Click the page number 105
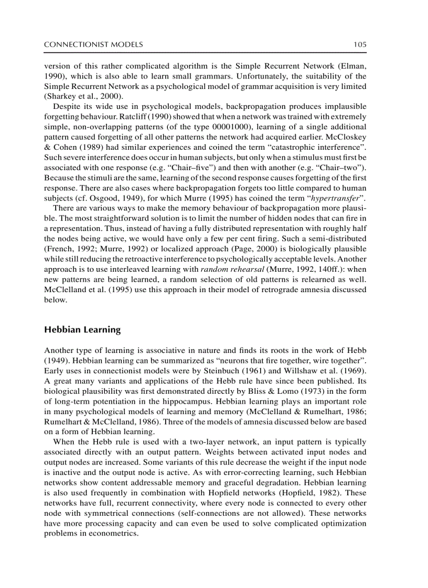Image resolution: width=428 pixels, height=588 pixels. tap(359, 45)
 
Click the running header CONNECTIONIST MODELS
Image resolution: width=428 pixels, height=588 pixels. tap(93, 45)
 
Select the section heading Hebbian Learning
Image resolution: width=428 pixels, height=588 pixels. tap(82, 330)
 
